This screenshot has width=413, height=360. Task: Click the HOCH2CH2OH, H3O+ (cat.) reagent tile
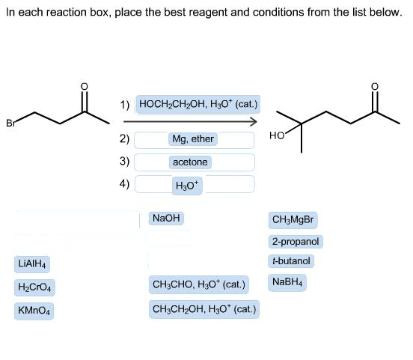click(x=198, y=104)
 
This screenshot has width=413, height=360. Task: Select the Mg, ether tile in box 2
click(x=193, y=139)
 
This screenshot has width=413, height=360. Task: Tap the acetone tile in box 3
click(x=190, y=162)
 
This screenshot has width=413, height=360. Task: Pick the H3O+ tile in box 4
click(x=187, y=186)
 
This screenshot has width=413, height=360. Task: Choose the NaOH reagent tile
click(x=166, y=219)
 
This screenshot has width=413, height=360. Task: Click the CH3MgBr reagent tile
click(x=293, y=220)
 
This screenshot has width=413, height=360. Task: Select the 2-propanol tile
click(x=296, y=242)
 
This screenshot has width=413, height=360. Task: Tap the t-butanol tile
click(x=291, y=261)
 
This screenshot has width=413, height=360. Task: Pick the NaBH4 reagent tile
click(x=287, y=282)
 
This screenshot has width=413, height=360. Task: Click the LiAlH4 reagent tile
click(x=32, y=264)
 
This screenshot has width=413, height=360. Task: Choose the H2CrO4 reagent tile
click(x=34, y=287)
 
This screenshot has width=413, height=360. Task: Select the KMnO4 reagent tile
click(x=34, y=311)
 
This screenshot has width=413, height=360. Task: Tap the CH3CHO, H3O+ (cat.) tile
click(x=199, y=285)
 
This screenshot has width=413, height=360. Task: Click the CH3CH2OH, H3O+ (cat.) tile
click(x=204, y=309)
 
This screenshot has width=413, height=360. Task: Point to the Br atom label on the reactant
click(x=10, y=123)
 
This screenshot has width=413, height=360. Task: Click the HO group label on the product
click(x=277, y=135)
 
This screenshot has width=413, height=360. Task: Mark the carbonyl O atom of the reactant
click(x=84, y=86)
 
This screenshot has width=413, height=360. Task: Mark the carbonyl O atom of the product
click(x=375, y=86)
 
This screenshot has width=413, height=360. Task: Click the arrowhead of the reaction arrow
click(x=254, y=121)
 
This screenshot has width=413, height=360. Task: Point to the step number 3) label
click(x=124, y=161)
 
